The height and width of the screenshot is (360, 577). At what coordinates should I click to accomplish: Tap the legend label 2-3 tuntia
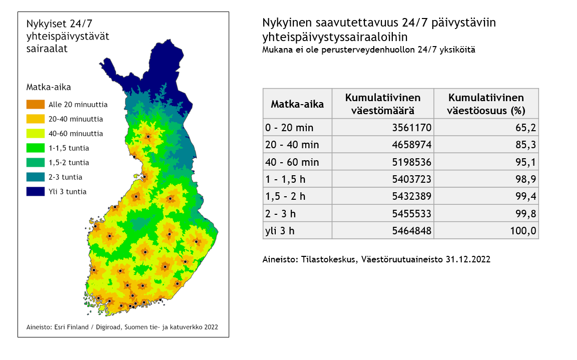pyautogui.click(x=65, y=177)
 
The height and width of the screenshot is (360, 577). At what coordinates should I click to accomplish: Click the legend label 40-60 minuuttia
pyautogui.click(x=76, y=134)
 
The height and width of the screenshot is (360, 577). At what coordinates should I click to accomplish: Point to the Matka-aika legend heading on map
pyautogui.click(x=49, y=87)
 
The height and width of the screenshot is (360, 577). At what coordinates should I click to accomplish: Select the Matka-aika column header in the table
pyautogui.click(x=297, y=104)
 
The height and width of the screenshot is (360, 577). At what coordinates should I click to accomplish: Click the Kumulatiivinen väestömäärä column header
pyautogui.click(x=383, y=104)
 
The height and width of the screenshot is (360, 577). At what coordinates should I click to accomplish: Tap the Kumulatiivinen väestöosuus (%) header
pyautogui.click(x=485, y=104)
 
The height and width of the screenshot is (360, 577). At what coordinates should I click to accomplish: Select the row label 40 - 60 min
pyautogui.click(x=292, y=162)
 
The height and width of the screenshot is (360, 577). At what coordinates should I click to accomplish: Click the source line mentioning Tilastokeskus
pyautogui.click(x=376, y=260)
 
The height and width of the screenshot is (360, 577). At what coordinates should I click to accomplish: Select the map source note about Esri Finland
pyautogui.click(x=122, y=327)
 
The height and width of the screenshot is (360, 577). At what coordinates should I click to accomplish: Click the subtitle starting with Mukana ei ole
pyautogui.click(x=368, y=50)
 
